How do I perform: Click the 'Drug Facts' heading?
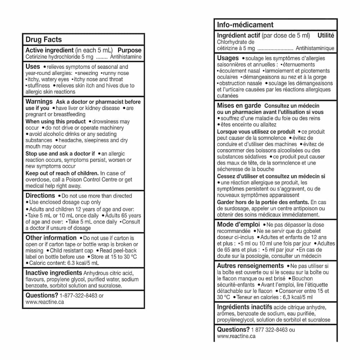tap(44, 40)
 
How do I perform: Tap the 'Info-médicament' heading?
tap(245, 25)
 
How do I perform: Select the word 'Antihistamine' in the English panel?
tap(126, 57)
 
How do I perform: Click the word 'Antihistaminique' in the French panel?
tap(315, 48)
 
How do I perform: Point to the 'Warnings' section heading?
tap(39, 102)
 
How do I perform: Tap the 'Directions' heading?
tap(40, 195)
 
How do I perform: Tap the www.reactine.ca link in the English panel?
tap(45, 302)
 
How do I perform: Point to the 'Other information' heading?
tap(51, 238)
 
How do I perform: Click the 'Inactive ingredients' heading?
tap(54, 273)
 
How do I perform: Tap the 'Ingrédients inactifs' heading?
tap(244, 307)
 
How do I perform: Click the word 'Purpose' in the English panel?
tap(130, 50)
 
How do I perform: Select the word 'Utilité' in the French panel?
tap(326, 35)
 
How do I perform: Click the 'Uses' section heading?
tap(33, 67)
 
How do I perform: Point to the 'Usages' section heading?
tap(228, 58)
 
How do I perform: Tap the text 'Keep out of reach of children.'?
tap(62, 173)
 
